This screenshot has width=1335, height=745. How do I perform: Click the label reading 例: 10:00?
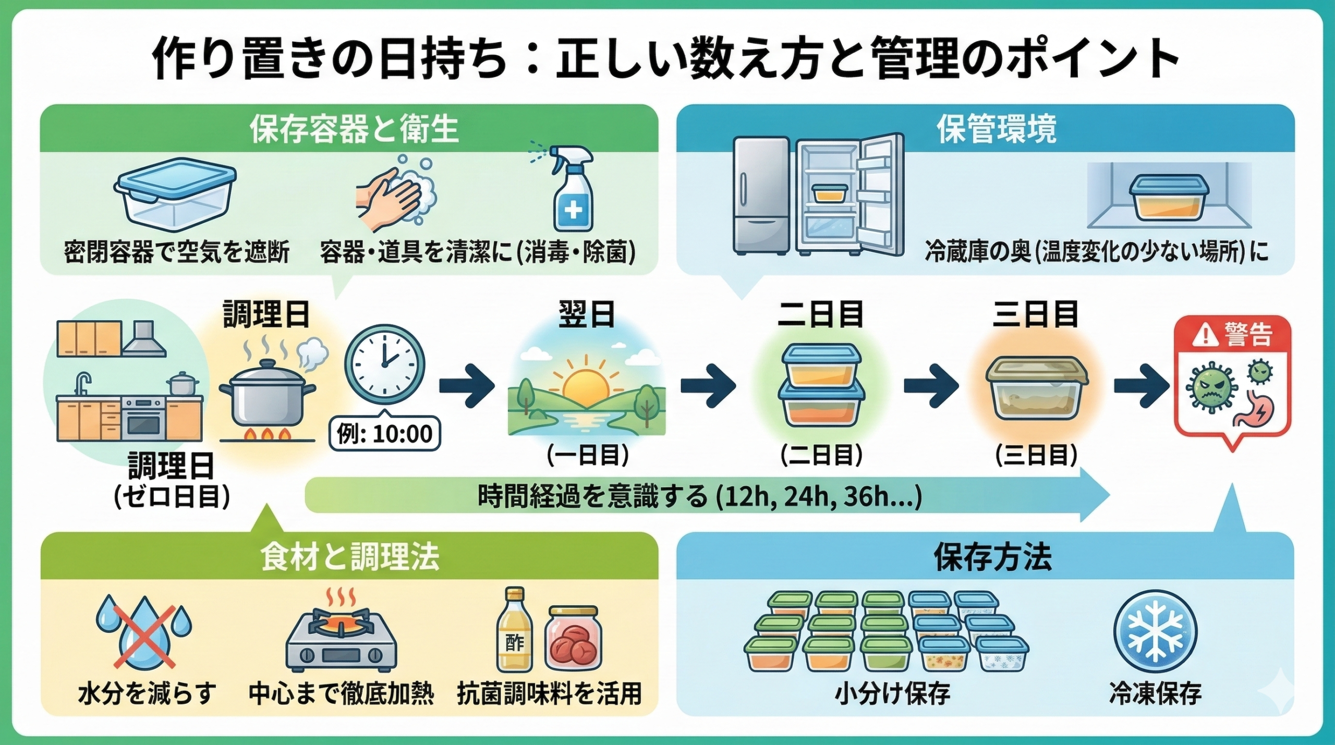tap(385, 433)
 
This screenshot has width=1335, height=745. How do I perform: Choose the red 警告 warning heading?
tap(1231, 335)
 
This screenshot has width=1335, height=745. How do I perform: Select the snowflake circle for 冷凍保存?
tap(1155, 631)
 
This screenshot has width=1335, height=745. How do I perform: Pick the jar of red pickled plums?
tap(571, 639)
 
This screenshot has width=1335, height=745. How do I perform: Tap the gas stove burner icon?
tap(342, 636)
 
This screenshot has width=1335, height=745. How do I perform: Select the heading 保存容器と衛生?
tap(354, 129)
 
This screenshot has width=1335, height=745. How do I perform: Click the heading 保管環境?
tap(997, 129)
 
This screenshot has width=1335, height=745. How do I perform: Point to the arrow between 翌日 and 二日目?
tap(708, 386)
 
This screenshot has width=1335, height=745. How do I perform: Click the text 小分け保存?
tap(892, 694)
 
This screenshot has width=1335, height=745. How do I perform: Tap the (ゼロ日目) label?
tap(172, 498)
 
